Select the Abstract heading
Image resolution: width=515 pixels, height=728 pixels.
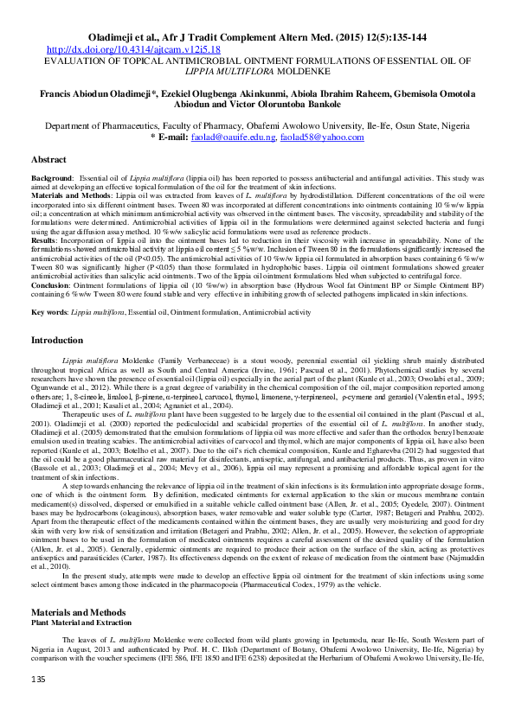(x=48, y=160)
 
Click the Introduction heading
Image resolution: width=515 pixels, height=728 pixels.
(x=57, y=341)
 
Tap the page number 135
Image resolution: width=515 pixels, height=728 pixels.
(x=38, y=706)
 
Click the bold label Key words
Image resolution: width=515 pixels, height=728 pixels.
(x=48, y=310)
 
